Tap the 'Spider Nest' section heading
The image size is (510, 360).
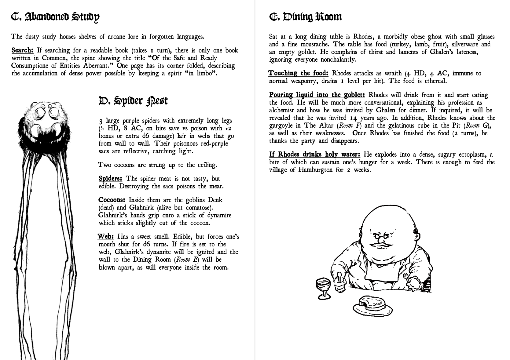(133, 101)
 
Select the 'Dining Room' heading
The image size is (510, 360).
(305, 17)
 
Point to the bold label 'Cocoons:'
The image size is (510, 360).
(112, 200)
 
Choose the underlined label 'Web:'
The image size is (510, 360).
(106, 237)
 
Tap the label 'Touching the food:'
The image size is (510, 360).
(299, 73)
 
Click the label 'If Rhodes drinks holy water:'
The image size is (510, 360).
(314, 155)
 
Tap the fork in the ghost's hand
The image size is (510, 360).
(406, 277)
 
